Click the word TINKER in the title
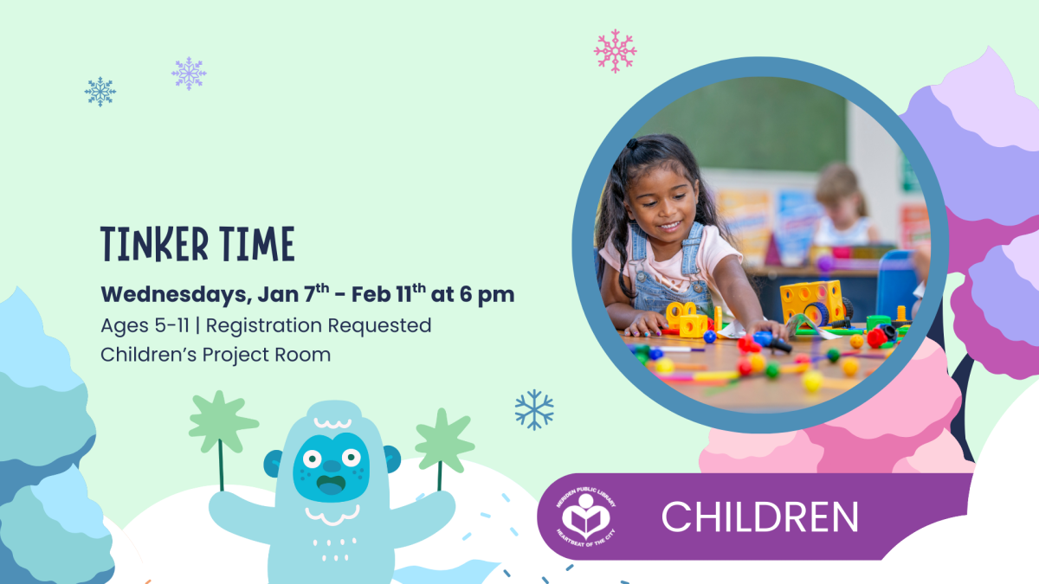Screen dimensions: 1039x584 tap(154, 244)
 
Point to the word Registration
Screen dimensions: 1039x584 tap(263, 326)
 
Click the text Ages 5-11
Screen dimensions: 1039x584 tap(145, 325)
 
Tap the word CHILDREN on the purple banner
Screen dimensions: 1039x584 tap(760, 517)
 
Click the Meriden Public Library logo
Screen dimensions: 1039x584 tap(586, 517)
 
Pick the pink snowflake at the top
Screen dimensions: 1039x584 tap(615, 51)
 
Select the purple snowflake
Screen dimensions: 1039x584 tap(189, 74)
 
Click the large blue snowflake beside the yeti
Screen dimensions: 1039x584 tap(534, 410)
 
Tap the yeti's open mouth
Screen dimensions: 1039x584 tap(331, 485)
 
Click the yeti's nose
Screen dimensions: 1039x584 tap(331, 465)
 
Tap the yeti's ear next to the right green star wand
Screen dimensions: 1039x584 tap(392, 459)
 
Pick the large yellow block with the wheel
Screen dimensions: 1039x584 tap(813, 302)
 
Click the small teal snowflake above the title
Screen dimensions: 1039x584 tap(100, 92)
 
